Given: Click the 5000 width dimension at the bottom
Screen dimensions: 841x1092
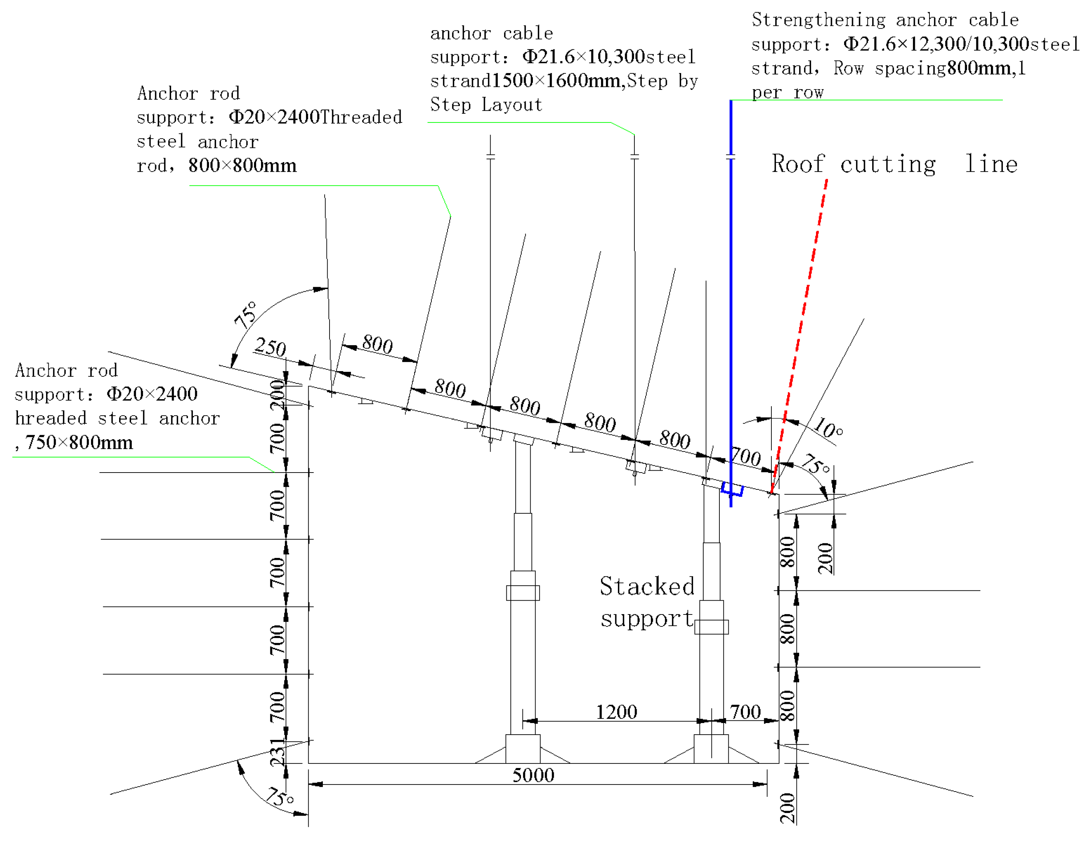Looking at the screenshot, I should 533,775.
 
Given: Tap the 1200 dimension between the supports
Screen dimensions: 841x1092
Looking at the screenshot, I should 616,712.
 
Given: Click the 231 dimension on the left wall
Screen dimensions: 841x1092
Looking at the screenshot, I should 277,752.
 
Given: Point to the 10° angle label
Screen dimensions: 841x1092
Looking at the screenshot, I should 828,428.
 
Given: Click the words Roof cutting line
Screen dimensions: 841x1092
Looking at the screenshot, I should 894,164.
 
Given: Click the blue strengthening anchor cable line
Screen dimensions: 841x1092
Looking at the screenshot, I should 731,300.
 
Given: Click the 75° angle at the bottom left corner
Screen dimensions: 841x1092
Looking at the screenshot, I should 279,797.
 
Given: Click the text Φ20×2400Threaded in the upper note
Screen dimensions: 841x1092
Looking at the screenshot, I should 315,117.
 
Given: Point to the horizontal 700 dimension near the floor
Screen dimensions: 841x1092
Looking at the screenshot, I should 745,712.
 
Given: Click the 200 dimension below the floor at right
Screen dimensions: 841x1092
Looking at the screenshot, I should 787,808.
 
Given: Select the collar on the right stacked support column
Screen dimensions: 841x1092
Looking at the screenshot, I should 711,627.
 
